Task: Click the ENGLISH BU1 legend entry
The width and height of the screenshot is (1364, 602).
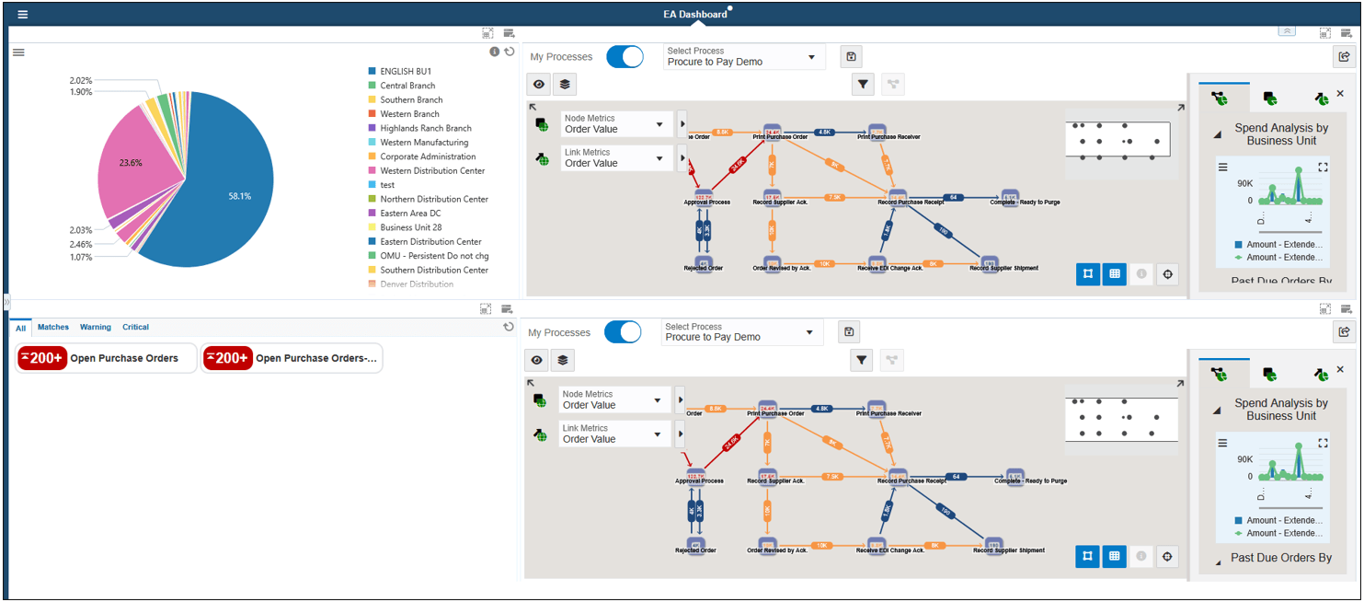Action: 406,72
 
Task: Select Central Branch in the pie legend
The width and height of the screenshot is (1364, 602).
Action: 407,86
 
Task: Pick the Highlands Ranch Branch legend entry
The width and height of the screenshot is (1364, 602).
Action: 425,128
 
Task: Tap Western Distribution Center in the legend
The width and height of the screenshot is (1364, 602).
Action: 432,170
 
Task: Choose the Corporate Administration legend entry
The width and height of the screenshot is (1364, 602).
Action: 428,156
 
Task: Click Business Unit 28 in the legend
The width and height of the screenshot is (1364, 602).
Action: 411,227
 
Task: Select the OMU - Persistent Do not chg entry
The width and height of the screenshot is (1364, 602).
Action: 435,256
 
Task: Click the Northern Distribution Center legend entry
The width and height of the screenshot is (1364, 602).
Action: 434,199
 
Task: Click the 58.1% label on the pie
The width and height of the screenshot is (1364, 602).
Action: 240,196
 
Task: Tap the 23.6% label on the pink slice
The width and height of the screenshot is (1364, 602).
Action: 131,163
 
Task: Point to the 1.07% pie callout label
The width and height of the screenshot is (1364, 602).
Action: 81,257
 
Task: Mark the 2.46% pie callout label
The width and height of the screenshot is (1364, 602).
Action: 81,244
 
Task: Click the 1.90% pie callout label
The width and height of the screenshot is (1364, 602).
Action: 81,92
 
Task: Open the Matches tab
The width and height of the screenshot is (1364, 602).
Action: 53,327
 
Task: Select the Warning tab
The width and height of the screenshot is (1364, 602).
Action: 96,327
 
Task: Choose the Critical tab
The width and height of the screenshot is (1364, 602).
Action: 135,327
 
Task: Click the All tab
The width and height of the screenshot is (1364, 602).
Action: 20,328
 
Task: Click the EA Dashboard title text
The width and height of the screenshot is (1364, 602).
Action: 695,14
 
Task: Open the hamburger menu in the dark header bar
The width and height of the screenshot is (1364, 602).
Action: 22,14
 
